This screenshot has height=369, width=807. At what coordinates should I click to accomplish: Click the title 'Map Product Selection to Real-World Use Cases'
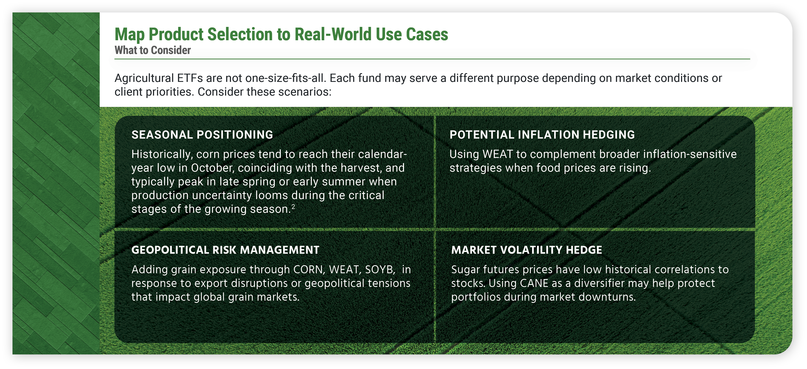point(281,34)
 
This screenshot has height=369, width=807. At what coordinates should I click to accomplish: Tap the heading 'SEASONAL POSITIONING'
point(202,135)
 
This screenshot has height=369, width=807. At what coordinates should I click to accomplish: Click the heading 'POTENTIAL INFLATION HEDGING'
point(542,135)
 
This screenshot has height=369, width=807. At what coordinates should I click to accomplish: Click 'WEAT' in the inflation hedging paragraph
point(497,154)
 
